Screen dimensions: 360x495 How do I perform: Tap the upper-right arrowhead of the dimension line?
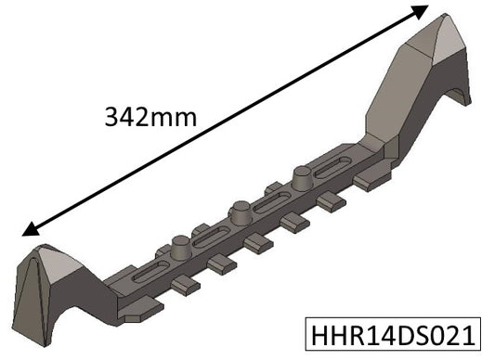[x=419, y=12]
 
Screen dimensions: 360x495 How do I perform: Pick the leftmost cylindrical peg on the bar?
[x=181, y=248]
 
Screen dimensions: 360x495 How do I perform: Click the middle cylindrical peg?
[x=239, y=211]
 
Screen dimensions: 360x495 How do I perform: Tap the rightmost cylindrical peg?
[x=303, y=175]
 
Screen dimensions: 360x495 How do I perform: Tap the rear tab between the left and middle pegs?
[x=201, y=228]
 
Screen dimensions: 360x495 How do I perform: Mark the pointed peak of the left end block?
[x=40, y=249]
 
